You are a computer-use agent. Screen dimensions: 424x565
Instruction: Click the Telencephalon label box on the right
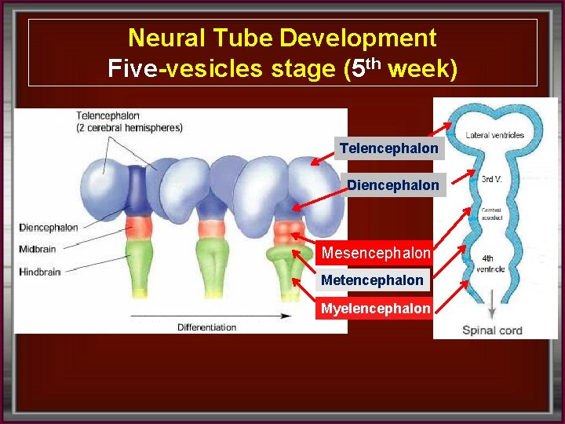coord(389,148)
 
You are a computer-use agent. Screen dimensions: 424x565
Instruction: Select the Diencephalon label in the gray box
coord(393,185)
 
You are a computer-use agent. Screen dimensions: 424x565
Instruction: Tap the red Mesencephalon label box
coord(376,253)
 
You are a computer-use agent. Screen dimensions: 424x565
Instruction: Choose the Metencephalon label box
coord(372,280)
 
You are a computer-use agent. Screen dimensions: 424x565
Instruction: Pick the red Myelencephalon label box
coord(375,308)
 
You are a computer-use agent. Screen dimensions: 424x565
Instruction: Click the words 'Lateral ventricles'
coord(494,135)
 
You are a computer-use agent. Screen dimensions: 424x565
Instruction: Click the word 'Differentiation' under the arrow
coord(206,327)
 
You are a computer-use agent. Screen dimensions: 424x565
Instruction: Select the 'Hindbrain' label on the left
coord(39,272)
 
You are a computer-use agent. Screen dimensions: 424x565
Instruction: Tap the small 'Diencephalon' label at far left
coord(48,228)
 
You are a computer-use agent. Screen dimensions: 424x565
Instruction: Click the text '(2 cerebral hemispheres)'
coord(129,127)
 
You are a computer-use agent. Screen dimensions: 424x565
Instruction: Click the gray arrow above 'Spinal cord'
coord(490,303)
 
